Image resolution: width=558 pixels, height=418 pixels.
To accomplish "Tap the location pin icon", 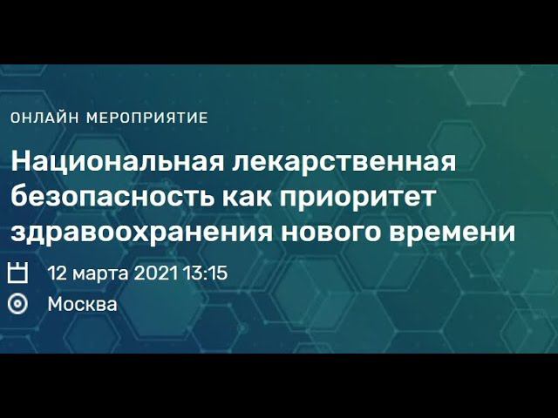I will (17, 304).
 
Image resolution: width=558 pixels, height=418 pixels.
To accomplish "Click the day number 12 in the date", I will (57, 273).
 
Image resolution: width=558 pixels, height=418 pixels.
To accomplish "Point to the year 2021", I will (157, 273).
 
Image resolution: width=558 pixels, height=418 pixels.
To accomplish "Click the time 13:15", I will (206, 273).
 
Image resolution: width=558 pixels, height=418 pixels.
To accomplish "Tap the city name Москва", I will (82, 304).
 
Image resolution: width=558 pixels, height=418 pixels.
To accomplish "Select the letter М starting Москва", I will (54, 304).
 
